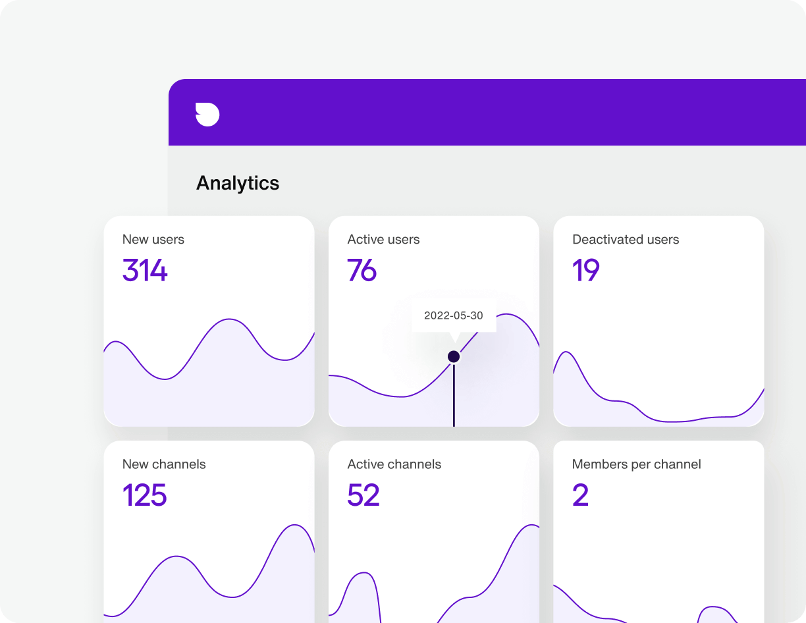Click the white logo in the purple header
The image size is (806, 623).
tap(207, 114)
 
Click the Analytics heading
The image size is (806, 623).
tap(238, 183)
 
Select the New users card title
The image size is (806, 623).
tap(153, 240)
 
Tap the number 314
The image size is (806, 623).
tap(145, 271)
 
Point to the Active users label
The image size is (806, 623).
tap(383, 240)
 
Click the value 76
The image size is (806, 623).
tap(362, 271)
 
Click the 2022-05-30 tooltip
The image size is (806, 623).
tap(453, 315)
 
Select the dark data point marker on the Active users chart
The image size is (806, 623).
tap(454, 356)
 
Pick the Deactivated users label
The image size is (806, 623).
tap(626, 240)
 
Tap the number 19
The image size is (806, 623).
tap(586, 271)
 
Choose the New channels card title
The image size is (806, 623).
tap(164, 464)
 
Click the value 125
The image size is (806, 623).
tap(145, 495)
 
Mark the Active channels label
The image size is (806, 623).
tap(394, 464)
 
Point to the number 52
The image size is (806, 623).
tap(363, 495)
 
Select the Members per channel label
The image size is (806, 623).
tap(636, 464)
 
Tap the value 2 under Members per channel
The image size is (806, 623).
tap(580, 495)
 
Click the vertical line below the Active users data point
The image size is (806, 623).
tap(454, 395)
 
